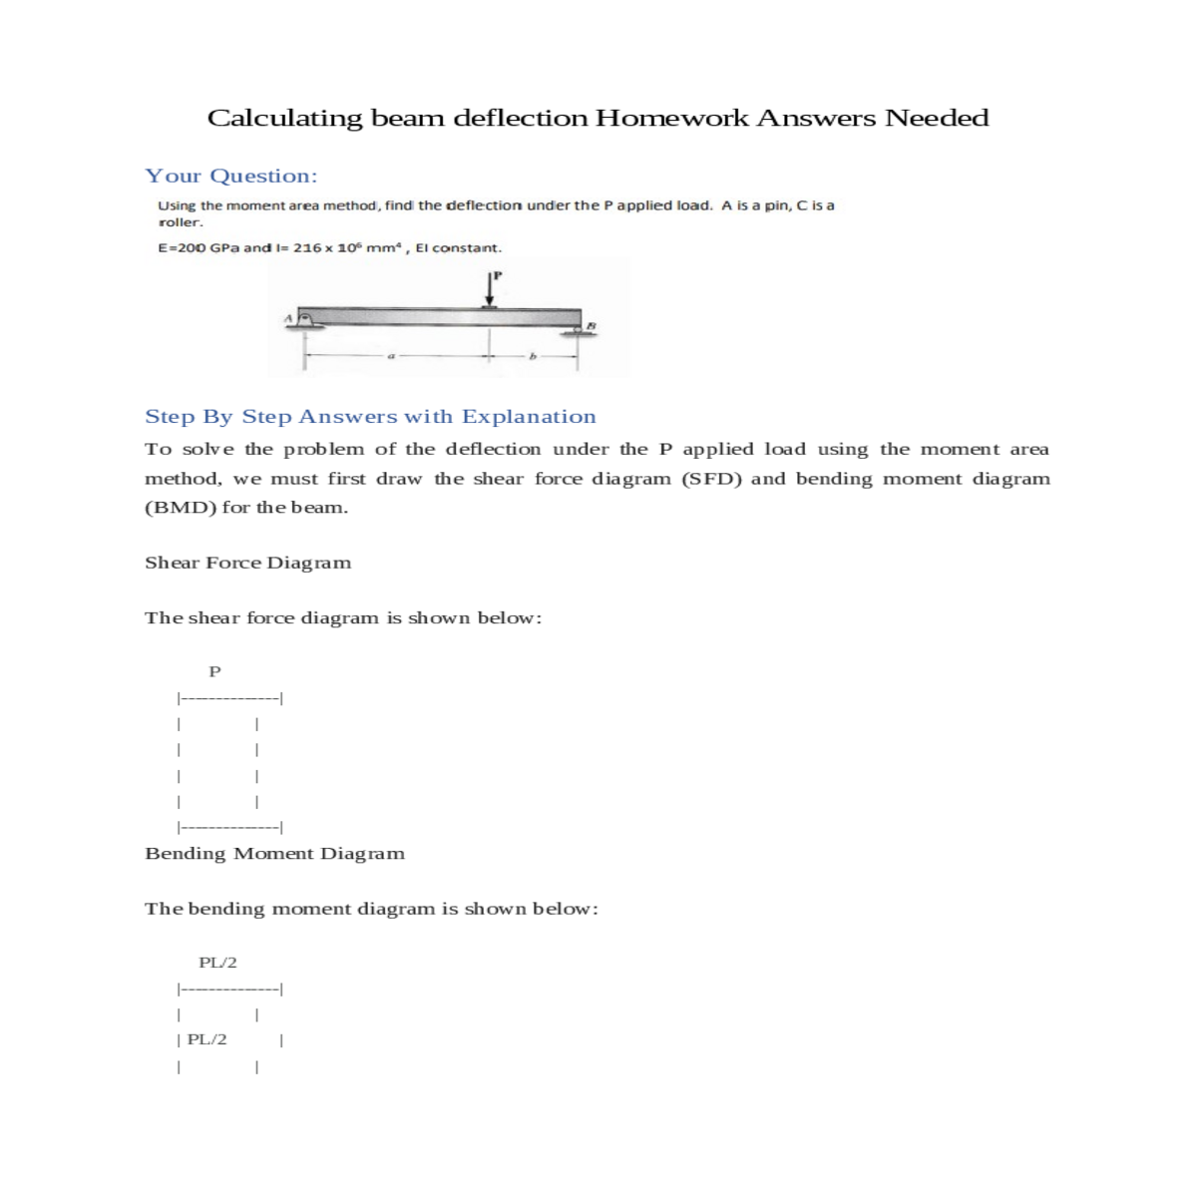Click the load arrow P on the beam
point(490,291)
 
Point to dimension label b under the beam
point(532,356)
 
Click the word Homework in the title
point(671,118)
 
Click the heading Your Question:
point(231,176)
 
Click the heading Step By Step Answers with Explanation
point(370,416)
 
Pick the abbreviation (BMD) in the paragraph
point(181,507)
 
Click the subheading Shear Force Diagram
point(247,563)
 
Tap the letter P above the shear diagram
point(213,671)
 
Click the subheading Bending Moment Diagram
point(274,853)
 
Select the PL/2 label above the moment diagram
point(217,963)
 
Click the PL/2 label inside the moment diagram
point(206,1039)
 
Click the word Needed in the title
point(937,118)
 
